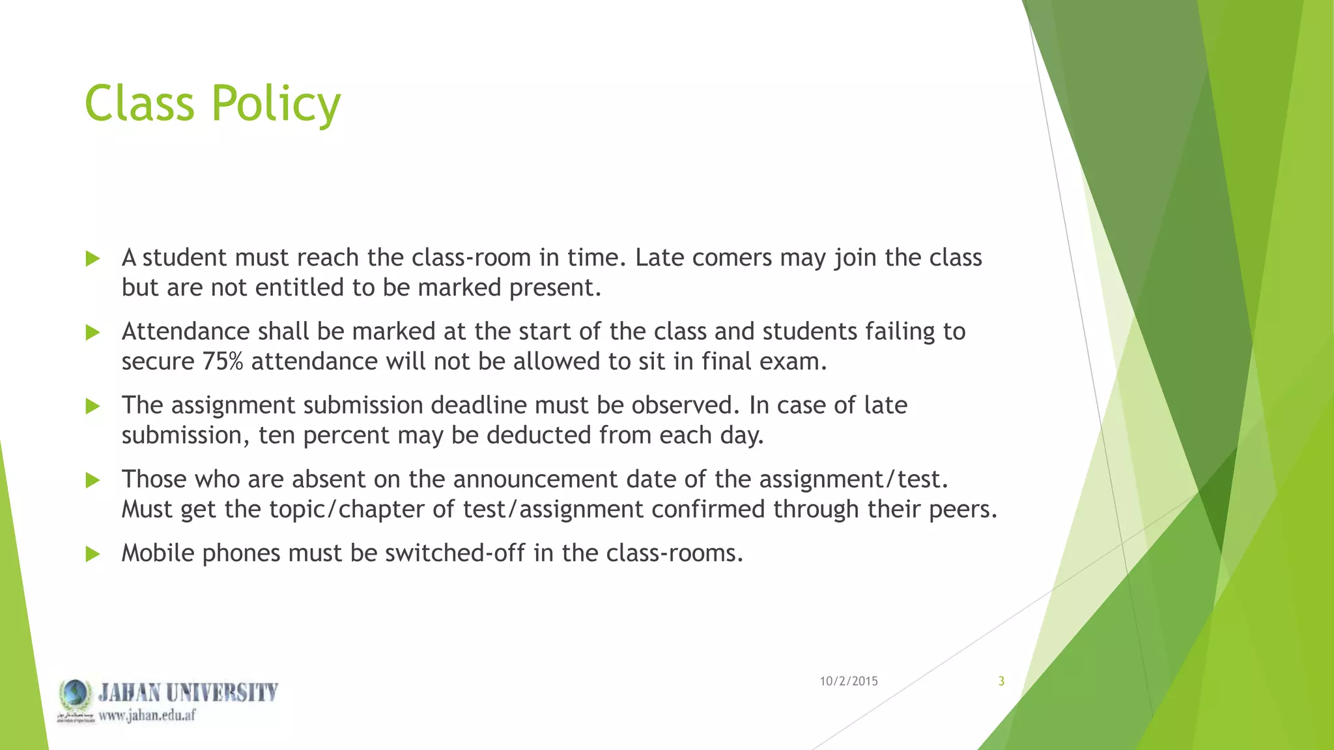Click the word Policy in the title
[276, 104]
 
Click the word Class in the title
[139, 104]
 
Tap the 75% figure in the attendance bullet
[222, 361]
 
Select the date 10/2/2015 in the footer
[848, 681]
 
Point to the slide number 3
[1001, 681]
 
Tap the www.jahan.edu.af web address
[147, 715]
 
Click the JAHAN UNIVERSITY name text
[188, 692]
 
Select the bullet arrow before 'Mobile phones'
[92, 554]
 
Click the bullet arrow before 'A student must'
[92, 258]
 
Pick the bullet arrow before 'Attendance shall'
[92, 333]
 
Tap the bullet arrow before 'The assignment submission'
[92, 406]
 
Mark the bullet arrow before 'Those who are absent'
[92, 480]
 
